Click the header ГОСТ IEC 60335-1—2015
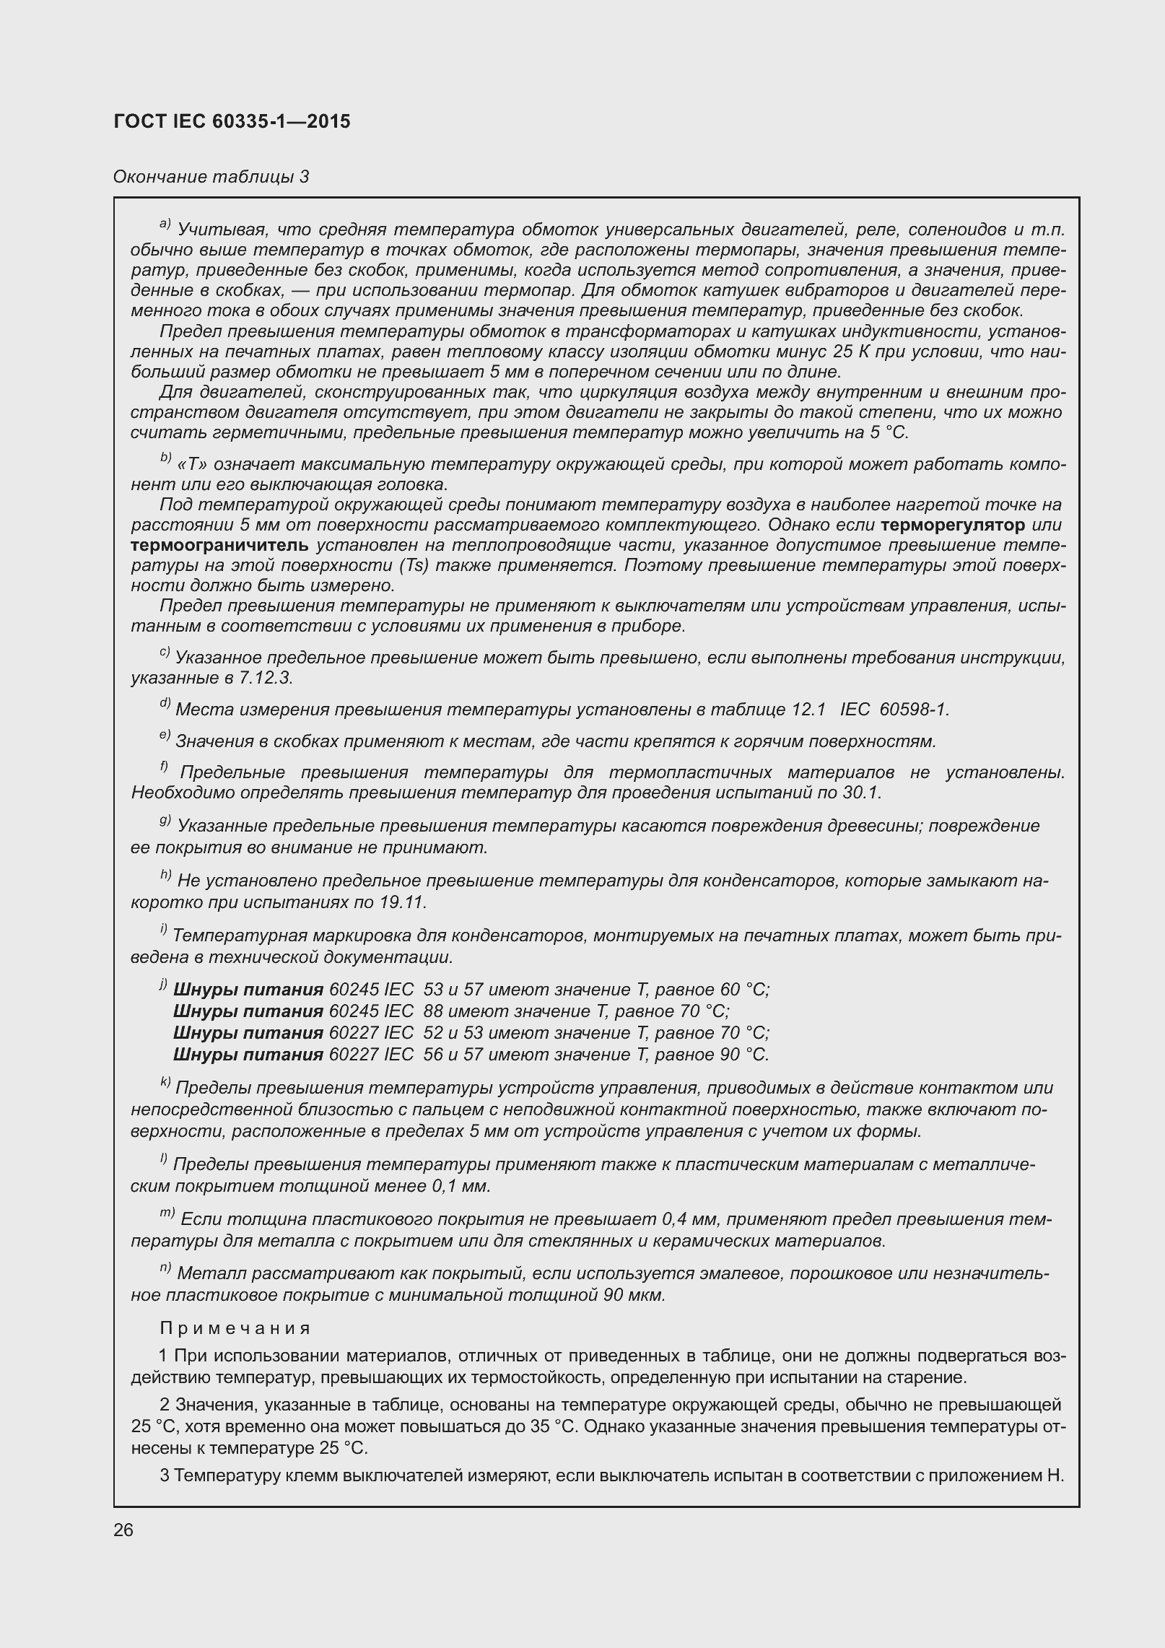coord(232,121)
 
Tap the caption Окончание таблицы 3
coord(211,177)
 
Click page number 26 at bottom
coord(123,1530)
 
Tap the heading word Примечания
coord(235,1329)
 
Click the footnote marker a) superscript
coord(165,225)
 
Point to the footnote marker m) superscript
coord(167,1214)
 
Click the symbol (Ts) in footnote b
coord(411,565)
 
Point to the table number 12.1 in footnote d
coord(808,710)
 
